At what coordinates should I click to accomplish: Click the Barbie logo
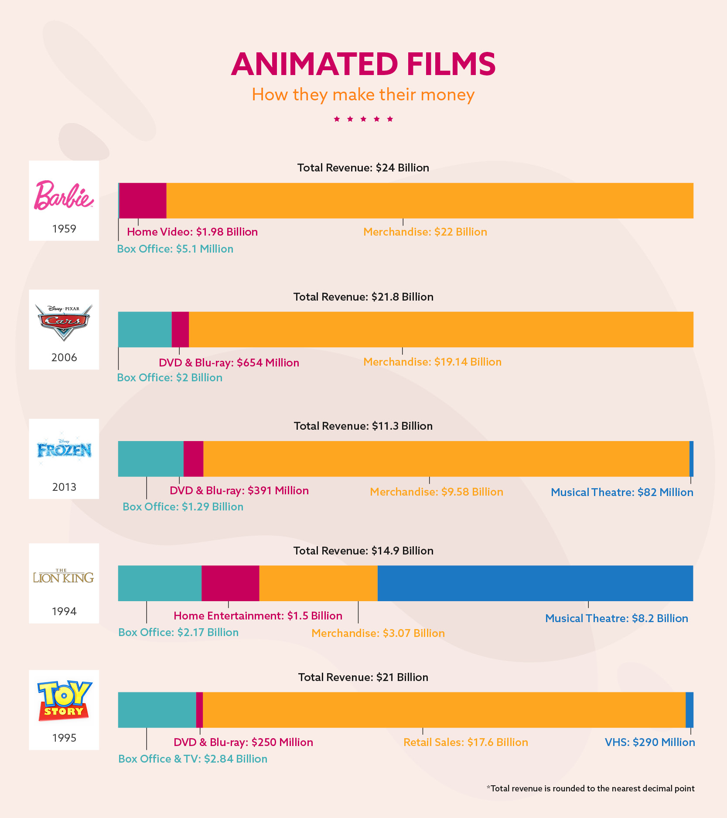(64, 195)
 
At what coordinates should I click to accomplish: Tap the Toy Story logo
(64, 701)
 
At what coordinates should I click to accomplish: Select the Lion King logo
(64, 577)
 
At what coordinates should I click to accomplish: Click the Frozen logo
(64, 450)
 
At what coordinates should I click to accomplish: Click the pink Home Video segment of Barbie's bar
(143, 201)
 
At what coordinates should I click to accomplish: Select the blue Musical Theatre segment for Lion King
(535, 583)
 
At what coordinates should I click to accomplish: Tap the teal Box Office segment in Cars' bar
(145, 329)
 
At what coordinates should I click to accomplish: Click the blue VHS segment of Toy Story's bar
(689, 710)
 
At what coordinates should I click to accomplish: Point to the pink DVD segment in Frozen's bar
(193, 459)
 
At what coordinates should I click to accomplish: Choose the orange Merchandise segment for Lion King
(318, 583)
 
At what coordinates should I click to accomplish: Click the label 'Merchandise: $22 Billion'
(425, 232)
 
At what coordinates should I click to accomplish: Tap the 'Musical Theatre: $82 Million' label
(622, 492)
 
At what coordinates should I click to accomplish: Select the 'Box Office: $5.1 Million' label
(175, 249)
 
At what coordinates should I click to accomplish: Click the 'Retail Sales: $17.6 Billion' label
(466, 742)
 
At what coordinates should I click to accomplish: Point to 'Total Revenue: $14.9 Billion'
(363, 551)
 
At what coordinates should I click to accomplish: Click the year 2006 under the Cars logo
(64, 357)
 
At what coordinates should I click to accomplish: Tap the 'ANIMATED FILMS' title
(363, 64)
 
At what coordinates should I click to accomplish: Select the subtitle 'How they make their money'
(363, 95)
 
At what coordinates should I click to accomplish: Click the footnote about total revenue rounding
(590, 788)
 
